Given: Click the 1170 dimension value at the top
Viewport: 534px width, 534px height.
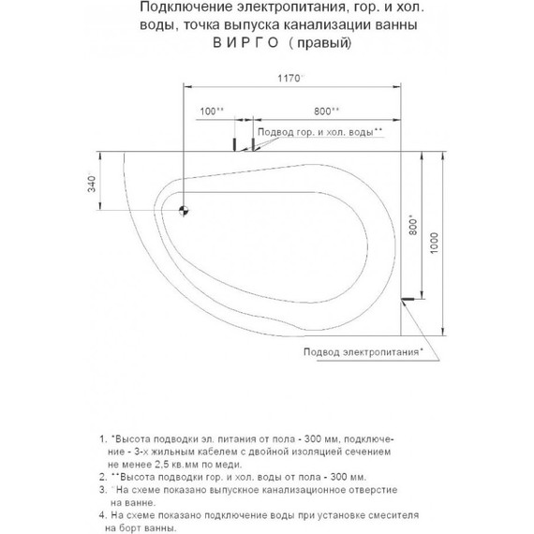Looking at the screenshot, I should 288,79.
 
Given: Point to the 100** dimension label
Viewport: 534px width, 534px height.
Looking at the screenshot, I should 212,111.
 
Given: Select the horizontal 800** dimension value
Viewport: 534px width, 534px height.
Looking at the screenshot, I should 327,111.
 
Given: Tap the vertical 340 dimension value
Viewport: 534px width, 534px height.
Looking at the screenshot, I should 92,184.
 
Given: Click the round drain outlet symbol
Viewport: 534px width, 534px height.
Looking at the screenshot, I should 184,210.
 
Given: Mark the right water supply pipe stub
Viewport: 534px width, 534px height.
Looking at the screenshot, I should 252,144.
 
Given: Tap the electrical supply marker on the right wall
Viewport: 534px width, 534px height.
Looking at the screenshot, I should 407,300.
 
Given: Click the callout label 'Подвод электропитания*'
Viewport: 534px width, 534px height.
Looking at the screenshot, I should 363,352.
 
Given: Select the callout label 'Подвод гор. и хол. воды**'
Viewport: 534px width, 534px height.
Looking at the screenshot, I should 319,133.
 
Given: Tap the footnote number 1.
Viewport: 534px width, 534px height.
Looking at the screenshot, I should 100,438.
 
